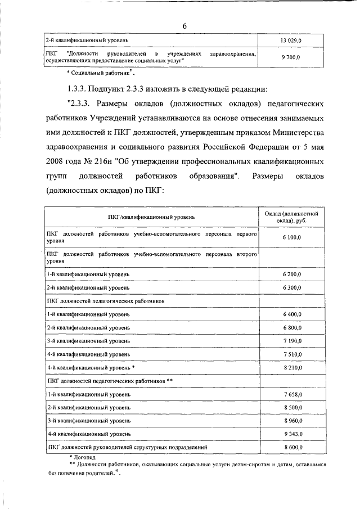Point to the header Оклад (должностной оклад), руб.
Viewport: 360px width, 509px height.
292,217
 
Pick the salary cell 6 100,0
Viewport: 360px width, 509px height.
292,238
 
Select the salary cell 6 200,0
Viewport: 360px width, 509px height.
292,274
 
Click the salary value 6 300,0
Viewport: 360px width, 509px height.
292,287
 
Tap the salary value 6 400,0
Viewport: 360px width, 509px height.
292,314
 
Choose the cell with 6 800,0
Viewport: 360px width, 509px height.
292,327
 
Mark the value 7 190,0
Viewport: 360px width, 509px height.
292,341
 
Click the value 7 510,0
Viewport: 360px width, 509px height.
292,354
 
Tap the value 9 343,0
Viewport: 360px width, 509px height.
292,434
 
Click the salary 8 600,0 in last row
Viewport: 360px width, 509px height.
292,447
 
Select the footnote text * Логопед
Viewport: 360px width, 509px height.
83,458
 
